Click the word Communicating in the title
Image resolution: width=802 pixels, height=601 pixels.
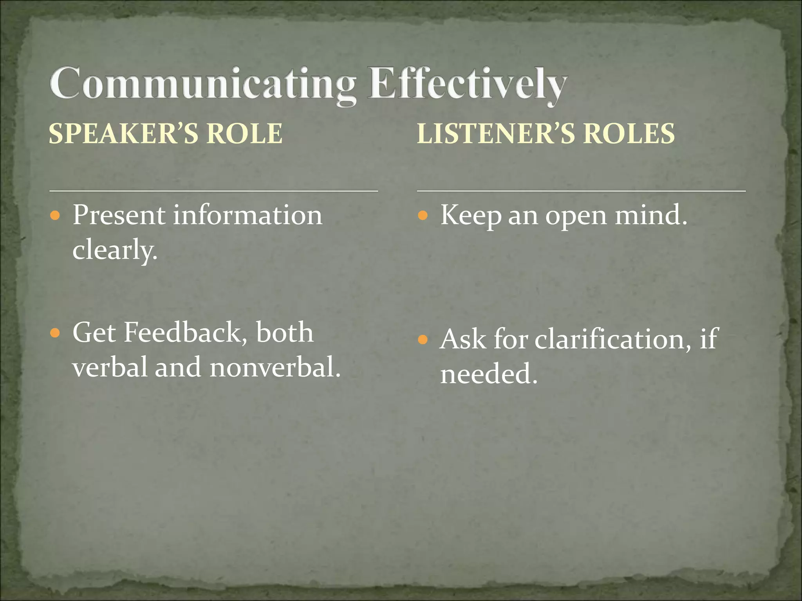click(x=202, y=84)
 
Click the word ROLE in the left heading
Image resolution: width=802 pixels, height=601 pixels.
click(x=244, y=133)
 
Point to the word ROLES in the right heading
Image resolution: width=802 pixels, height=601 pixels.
click(x=629, y=133)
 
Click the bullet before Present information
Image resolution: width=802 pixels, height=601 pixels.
click(x=55, y=215)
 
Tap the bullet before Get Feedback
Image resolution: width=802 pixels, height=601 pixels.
click(x=55, y=333)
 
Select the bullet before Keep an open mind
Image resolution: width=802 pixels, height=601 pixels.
click(x=423, y=215)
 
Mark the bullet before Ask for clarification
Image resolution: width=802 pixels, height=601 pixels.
click(x=423, y=339)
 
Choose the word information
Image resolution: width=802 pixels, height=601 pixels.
click(x=247, y=215)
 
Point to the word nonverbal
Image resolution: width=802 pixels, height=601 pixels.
click(x=275, y=368)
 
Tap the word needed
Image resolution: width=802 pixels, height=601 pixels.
click(x=489, y=374)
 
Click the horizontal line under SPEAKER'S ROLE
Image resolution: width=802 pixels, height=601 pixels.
click(x=213, y=191)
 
